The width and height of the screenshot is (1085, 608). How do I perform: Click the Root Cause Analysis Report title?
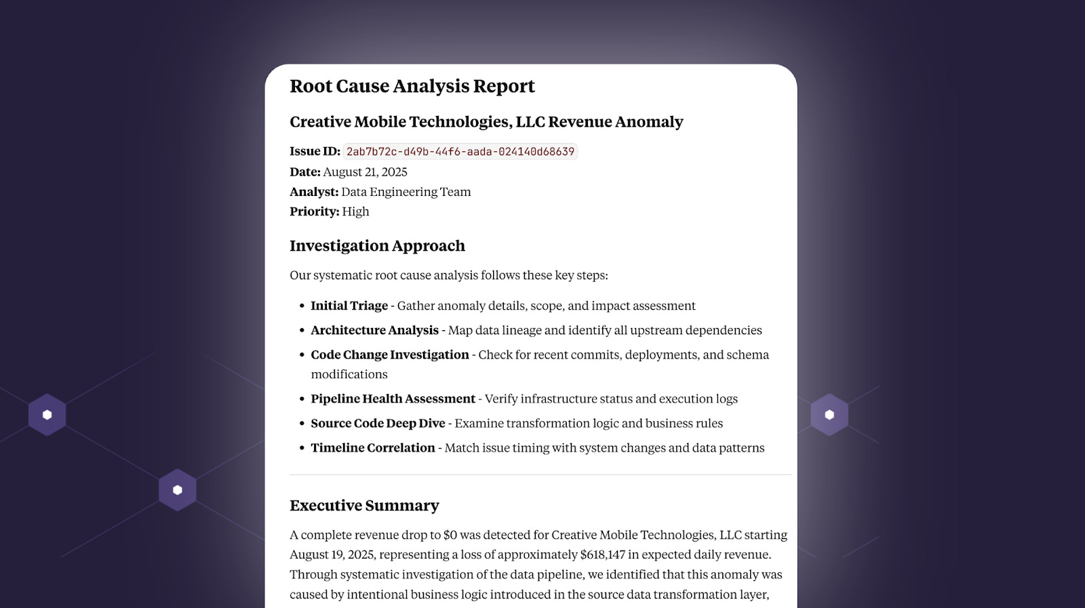[x=412, y=86]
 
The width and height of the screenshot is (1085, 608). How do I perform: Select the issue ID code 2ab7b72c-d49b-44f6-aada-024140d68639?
[x=460, y=152]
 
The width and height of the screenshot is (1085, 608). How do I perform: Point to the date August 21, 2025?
[x=365, y=172]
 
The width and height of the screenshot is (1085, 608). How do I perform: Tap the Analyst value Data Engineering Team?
[x=406, y=192]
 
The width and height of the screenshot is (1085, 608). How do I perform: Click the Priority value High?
[x=355, y=211]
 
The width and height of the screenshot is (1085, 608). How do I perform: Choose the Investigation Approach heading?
[x=377, y=246]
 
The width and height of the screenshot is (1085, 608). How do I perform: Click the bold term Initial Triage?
[x=349, y=306]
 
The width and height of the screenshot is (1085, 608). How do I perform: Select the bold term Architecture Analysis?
[x=374, y=330]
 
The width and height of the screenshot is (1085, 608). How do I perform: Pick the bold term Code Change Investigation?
[x=390, y=354]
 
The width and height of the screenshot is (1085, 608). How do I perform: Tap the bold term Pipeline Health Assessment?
[x=393, y=399]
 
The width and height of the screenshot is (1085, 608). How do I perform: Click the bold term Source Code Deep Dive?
[x=378, y=423]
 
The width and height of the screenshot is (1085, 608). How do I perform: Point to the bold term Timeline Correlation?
[x=373, y=448]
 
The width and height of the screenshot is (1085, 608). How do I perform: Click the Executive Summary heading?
[x=364, y=506]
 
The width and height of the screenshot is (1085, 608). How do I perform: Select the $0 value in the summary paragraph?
[x=450, y=535]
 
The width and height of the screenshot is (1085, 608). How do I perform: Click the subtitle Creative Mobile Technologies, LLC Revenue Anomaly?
[x=486, y=122]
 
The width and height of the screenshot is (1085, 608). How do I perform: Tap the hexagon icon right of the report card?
[x=829, y=415]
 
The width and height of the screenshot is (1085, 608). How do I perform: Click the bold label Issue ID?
[x=315, y=151]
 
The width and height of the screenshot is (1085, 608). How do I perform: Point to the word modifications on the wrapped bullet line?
[x=349, y=374]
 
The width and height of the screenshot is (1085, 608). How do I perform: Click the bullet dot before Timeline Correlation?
[x=302, y=448]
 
